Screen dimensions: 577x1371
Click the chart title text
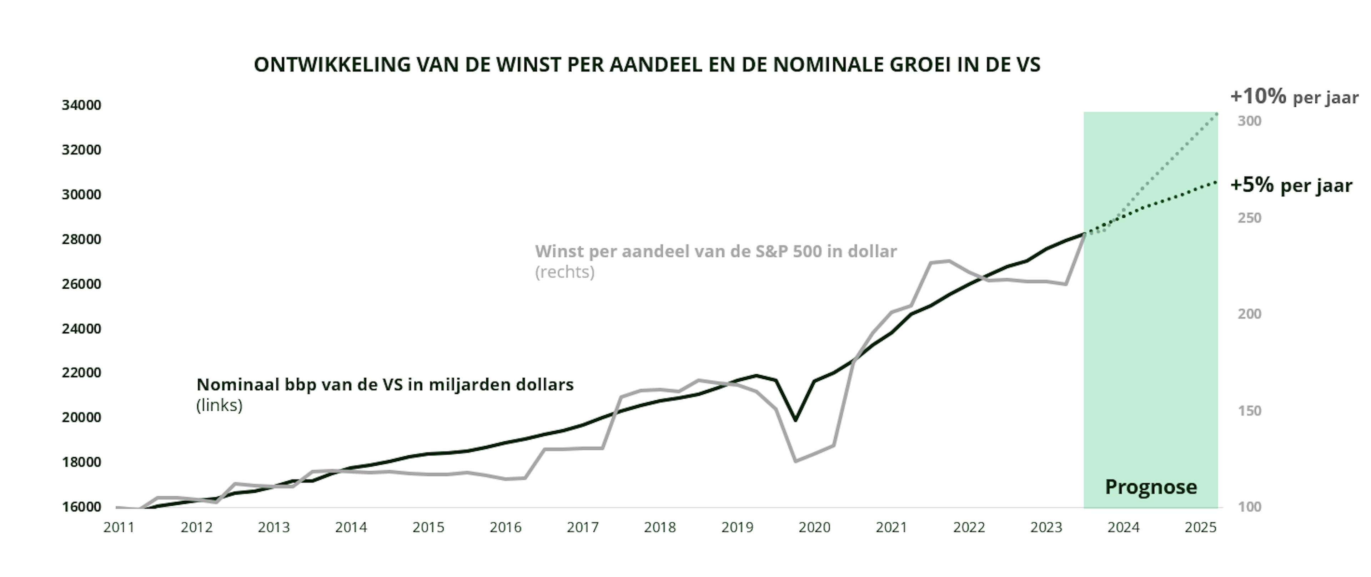click(x=647, y=65)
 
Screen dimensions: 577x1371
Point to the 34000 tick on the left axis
click(x=81, y=105)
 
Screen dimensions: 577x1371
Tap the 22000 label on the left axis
click(x=81, y=373)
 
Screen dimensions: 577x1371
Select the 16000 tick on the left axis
click(x=81, y=507)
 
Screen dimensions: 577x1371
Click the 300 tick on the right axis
click(x=1249, y=121)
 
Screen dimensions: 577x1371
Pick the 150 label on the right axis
click(x=1249, y=411)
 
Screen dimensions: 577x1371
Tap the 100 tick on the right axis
click(x=1249, y=507)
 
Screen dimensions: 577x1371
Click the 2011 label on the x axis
click(x=119, y=527)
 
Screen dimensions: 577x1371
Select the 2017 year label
click(x=582, y=527)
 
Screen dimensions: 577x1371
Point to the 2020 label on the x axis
click(x=814, y=527)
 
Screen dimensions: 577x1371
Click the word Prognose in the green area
click(x=1151, y=487)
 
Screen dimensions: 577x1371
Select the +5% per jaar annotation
click(x=1291, y=185)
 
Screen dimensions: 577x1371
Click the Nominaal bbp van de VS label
click(x=385, y=385)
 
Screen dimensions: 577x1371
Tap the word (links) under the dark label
click(x=219, y=406)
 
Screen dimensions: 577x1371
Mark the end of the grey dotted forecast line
click(x=1217, y=114)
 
